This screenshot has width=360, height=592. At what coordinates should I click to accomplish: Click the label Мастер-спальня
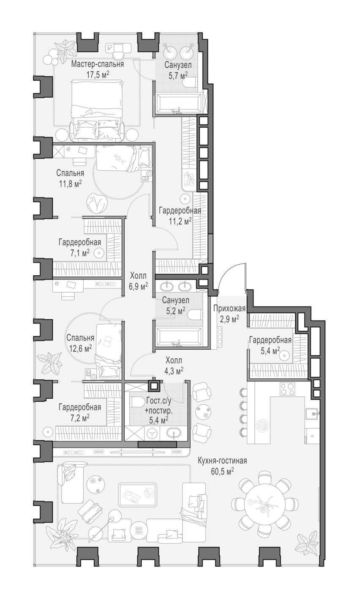[98, 64]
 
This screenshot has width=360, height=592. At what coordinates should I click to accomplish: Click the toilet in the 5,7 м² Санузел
[190, 82]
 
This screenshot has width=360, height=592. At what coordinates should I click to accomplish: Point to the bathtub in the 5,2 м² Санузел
[179, 337]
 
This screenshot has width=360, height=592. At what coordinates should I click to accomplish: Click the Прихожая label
[229, 308]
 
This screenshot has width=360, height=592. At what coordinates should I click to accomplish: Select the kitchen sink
[312, 414]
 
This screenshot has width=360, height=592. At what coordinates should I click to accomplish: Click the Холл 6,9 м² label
[138, 281]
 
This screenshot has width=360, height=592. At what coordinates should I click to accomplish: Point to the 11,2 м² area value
[180, 221]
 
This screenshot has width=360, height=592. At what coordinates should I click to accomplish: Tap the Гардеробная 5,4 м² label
[270, 345]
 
